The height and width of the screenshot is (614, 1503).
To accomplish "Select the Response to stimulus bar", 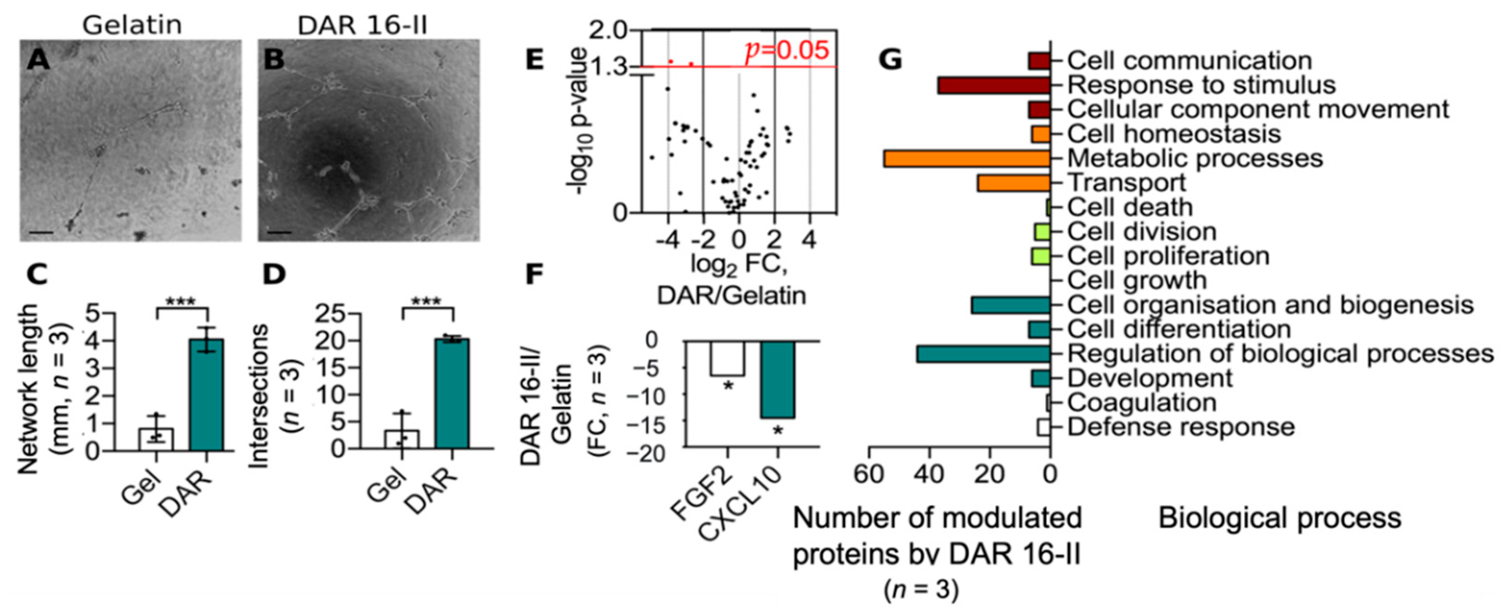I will pos(994,86).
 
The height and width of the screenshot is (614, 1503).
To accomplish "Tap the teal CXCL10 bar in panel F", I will pos(777,379).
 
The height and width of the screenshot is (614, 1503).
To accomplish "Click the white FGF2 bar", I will pos(727,358).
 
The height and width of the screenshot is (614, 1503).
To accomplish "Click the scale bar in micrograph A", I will pos(41,233).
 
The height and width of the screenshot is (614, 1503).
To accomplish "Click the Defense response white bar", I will pos(1043,427).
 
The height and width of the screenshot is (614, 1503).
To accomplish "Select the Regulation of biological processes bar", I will pos(983,354).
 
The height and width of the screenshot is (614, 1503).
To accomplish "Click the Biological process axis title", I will pos(1279,518).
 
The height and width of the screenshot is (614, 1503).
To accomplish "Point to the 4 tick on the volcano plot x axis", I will pos(809,240).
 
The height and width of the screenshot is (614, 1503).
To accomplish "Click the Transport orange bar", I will pos(1013,183).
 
